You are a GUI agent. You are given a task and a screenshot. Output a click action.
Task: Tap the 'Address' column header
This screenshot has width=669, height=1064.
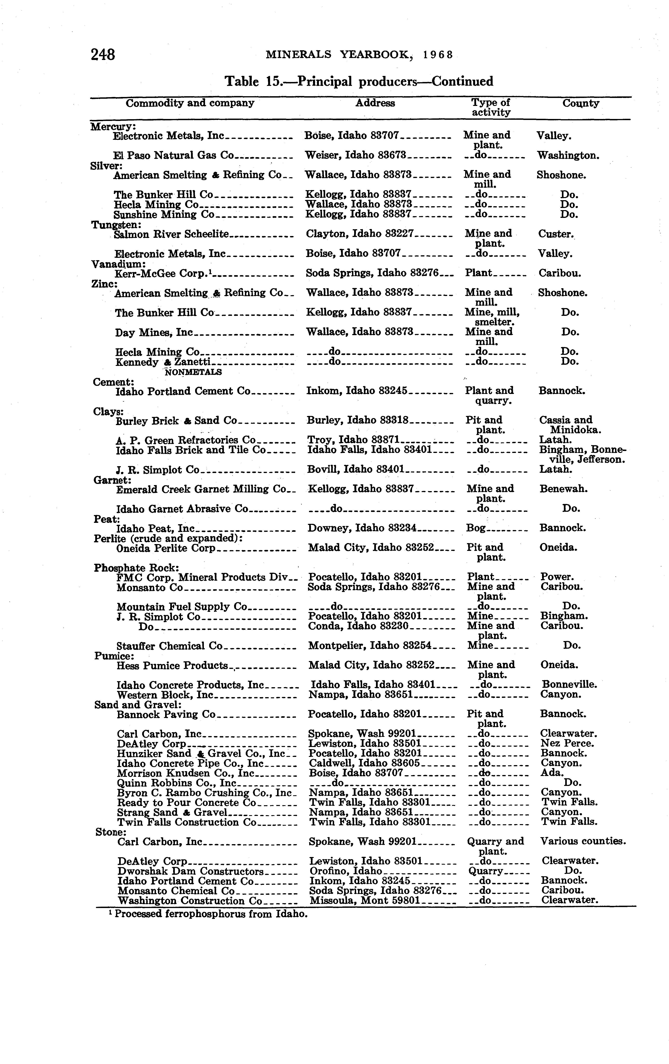pos(375,103)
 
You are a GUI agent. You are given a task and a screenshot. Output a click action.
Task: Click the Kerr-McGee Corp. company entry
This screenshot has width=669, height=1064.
pos(162,274)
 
